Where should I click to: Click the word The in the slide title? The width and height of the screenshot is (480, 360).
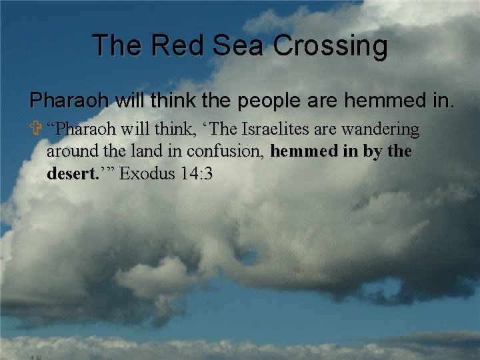[x=116, y=46]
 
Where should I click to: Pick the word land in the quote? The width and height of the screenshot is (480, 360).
[x=141, y=151]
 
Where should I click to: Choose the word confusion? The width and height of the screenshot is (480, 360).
[x=225, y=152]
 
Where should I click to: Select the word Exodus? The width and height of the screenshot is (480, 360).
[x=143, y=174]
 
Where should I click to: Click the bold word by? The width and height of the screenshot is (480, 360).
[x=373, y=152]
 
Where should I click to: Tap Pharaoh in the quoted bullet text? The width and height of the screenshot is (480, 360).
[x=83, y=128]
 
